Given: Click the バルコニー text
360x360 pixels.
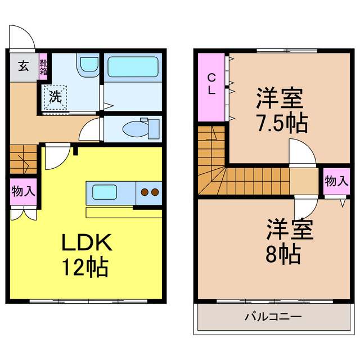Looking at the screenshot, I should (x=273, y=317).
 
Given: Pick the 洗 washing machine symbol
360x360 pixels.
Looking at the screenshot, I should (x=55, y=97).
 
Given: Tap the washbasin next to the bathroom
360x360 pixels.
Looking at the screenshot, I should (x=88, y=65).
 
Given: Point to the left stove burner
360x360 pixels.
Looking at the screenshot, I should (x=145, y=192).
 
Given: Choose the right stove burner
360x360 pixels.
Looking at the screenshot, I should (x=155, y=192).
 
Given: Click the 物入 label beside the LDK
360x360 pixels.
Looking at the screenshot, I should (x=24, y=191).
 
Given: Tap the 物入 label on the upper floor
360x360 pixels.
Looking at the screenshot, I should (x=336, y=181).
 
